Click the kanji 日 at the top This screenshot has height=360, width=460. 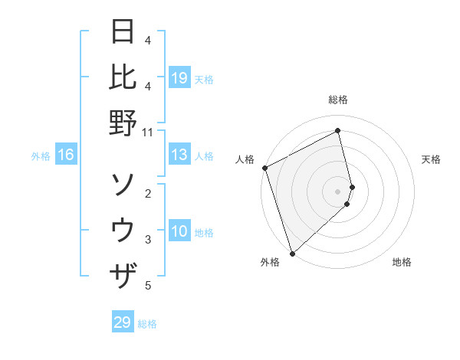point(123,33)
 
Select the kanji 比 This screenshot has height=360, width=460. point(123,77)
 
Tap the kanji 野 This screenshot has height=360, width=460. point(123,123)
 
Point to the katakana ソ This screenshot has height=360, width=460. point(123,184)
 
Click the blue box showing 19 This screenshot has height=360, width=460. point(179,77)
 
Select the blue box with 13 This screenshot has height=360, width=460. point(179,155)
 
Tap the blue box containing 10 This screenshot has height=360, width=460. point(179,232)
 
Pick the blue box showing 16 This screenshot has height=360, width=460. point(66,155)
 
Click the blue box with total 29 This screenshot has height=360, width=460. point(123,322)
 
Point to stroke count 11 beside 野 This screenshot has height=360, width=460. point(147,132)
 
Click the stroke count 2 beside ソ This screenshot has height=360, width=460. point(148,193)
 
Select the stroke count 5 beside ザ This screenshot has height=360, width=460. point(148,286)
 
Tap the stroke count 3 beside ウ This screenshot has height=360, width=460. point(148,240)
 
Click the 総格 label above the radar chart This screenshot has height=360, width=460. point(338,100)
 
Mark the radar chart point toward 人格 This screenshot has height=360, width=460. point(264,168)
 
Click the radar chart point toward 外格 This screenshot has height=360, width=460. point(292,253)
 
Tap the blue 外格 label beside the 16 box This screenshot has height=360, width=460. point(40,156)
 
